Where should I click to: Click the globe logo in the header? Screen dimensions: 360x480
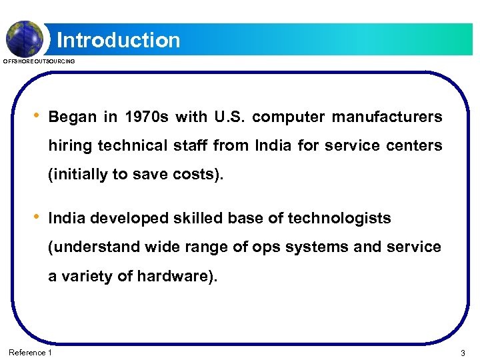point(25,37)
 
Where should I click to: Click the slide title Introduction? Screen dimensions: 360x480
point(119,41)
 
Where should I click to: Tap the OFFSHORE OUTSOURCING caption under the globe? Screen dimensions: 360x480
point(39,61)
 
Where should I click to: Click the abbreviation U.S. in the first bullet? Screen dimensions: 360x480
point(230,117)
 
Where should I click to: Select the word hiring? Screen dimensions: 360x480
point(70,146)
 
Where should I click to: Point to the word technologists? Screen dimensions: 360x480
point(341,219)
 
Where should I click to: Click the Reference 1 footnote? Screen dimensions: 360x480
point(30,352)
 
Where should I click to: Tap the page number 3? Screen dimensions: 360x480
point(462,352)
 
